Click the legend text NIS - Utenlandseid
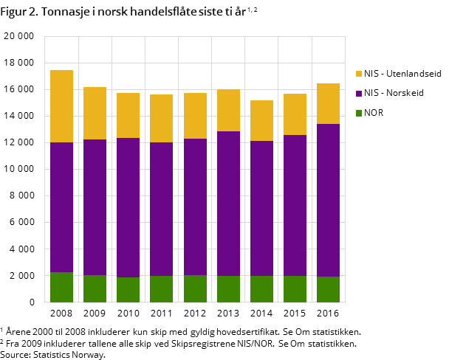[x=402, y=74]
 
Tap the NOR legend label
[x=374, y=113]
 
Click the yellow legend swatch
[x=359, y=74]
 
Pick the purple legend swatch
[x=359, y=94]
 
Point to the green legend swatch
[x=359, y=113]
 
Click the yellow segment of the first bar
[x=61, y=106]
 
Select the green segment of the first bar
[x=61, y=287]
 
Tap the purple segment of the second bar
[x=95, y=207]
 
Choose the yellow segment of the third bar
[x=128, y=116]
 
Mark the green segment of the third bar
[x=128, y=289]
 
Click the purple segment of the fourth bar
[x=161, y=209]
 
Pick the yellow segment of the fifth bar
[x=195, y=116]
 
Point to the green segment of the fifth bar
[x=195, y=288]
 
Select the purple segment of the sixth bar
[x=228, y=204]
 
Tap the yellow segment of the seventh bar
[x=261, y=121]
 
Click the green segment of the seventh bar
[x=261, y=288]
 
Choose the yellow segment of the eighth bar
[x=295, y=114]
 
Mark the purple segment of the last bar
[x=328, y=200]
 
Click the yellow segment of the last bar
[x=328, y=104]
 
